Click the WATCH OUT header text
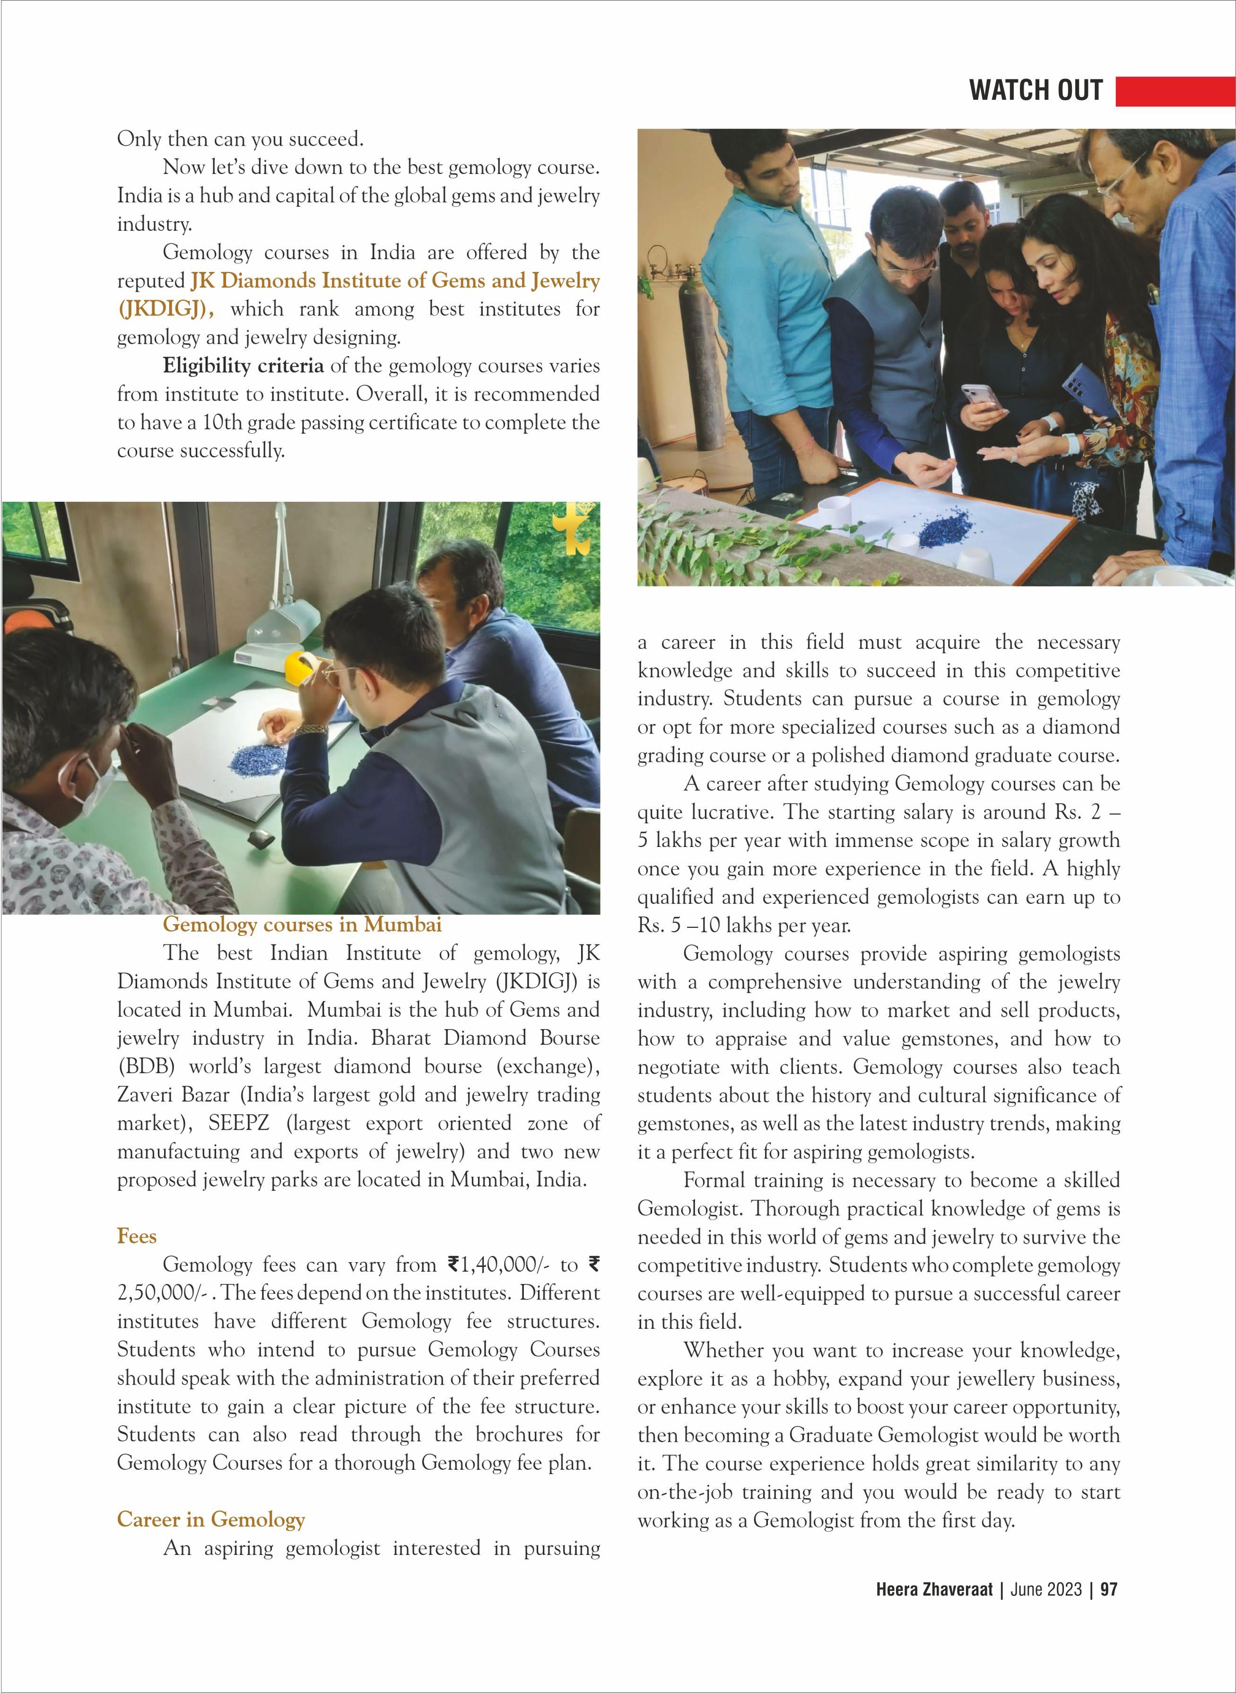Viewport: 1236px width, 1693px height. [1036, 90]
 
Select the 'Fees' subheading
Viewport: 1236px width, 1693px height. [137, 1236]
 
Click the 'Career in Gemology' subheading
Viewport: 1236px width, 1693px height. [211, 1519]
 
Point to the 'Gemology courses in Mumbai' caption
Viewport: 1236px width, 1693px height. [302, 925]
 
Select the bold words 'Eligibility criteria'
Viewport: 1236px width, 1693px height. [243, 366]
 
